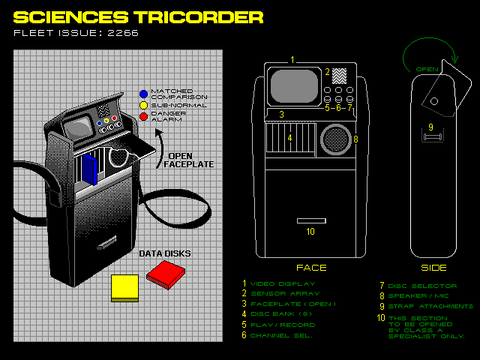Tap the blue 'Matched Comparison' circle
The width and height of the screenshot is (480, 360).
(143, 94)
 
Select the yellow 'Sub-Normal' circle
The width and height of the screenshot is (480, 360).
(143, 106)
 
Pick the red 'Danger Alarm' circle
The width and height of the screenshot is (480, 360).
(143, 117)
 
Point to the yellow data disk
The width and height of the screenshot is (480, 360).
(124, 287)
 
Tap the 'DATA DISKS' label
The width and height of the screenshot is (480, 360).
(164, 253)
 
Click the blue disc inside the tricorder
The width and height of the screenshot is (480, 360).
(91, 169)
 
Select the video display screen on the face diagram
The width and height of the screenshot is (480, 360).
(295, 86)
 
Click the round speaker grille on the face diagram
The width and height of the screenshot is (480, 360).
(334, 139)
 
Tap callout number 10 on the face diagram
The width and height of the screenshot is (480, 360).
(310, 232)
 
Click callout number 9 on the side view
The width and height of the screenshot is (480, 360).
(430, 126)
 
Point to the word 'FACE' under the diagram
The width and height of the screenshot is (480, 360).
(310, 267)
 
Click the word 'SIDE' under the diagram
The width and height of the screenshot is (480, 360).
(433, 267)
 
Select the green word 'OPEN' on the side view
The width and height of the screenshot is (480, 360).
(426, 69)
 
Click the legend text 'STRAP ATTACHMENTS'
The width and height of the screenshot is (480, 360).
(430, 306)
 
